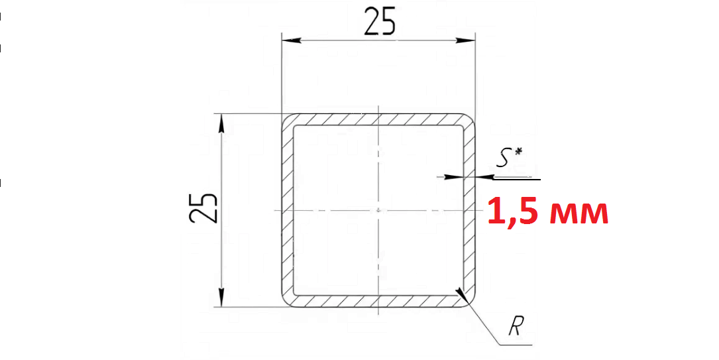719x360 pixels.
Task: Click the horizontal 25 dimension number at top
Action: click(379, 22)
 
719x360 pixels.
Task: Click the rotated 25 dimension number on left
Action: click(203, 208)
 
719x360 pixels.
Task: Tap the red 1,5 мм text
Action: click(547, 211)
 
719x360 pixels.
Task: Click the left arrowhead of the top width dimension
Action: click(292, 40)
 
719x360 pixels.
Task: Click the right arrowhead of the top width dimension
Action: click(465, 40)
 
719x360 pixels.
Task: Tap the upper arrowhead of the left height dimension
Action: click(221, 124)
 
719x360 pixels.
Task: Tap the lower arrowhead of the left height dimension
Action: click(221, 297)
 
